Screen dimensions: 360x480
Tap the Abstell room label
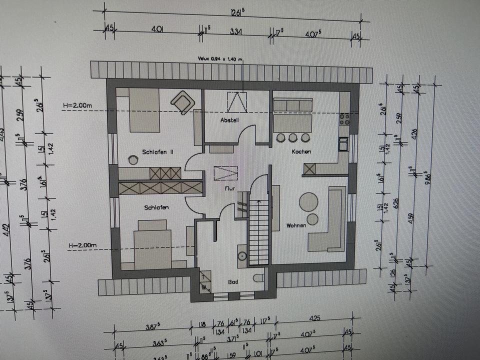click(230, 120)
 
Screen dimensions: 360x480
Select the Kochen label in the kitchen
click(301, 151)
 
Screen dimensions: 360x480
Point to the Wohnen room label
click(296, 225)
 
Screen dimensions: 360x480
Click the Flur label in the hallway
click(229, 188)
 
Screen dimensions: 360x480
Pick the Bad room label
click(233, 282)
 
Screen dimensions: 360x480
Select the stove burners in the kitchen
click(344, 118)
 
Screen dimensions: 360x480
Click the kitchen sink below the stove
click(343, 144)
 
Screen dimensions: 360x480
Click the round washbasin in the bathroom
click(242, 256)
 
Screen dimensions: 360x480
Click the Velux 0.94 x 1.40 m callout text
click(220, 59)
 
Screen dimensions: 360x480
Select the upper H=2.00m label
click(78, 105)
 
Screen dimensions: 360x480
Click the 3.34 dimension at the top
click(236, 31)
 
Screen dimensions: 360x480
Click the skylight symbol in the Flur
click(226, 173)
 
